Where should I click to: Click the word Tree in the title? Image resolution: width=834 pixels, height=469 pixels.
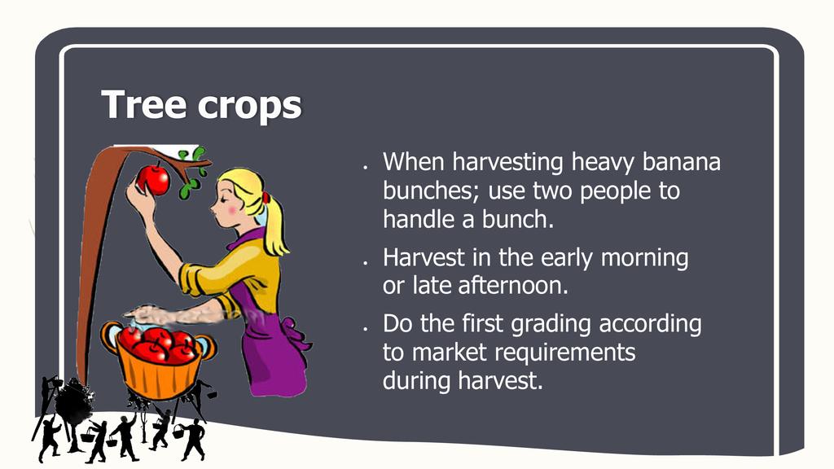pyautogui.click(x=145, y=104)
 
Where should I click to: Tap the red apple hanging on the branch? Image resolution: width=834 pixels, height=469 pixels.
pyautogui.click(x=154, y=180)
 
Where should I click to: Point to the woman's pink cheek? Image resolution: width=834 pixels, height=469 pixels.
pyautogui.click(x=230, y=210)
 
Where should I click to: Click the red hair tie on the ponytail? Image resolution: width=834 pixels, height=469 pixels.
pyautogui.click(x=266, y=199)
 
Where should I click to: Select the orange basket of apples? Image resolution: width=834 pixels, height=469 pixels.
pyautogui.click(x=159, y=359)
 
